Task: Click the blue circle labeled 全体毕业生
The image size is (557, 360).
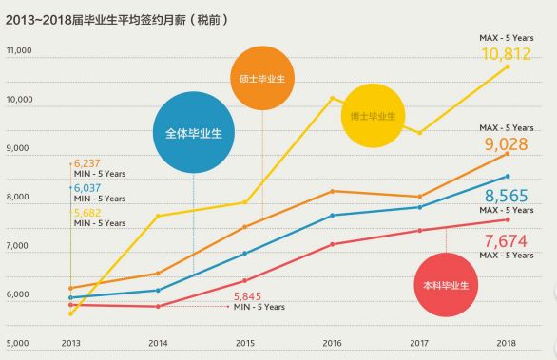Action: click(x=193, y=133)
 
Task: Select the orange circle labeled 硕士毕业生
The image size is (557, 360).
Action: click(x=262, y=78)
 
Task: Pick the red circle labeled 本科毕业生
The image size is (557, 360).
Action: click(x=446, y=284)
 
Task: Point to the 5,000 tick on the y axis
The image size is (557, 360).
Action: click(x=19, y=343)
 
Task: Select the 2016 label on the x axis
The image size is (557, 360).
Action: click(x=333, y=343)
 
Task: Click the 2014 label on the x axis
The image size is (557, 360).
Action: click(x=158, y=343)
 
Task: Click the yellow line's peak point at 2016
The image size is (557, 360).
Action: click(x=333, y=98)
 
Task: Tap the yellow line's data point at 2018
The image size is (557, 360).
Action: click(x=508, y=66)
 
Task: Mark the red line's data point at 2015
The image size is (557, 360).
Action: click(x=245, y=280)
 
